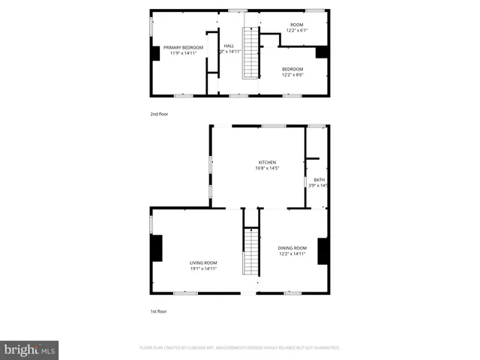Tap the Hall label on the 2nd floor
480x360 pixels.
(229, 45)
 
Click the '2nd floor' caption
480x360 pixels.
(159, 115)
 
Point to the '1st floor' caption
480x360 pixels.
(158, 310)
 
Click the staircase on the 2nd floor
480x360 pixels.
(249, 52)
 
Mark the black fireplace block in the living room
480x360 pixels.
(156, 248)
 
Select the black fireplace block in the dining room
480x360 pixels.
(322, 251)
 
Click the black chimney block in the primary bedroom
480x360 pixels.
(155, 53)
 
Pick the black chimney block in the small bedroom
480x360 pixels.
(322, 52)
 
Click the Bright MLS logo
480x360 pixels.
(29, 349)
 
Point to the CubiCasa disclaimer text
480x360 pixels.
(240, 348)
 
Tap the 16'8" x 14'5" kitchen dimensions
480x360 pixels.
(267, 169)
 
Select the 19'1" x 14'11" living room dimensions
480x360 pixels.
(202, 268)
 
